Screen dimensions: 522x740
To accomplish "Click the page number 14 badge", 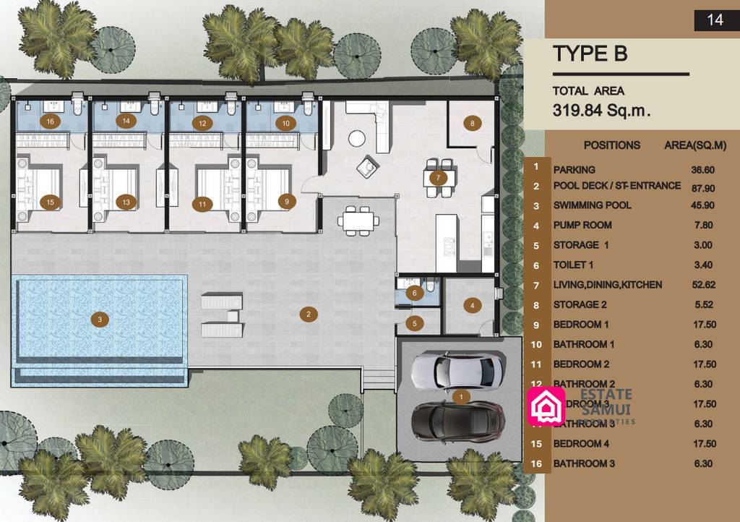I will [715, 20].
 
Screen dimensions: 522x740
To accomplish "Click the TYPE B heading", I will [590, 54].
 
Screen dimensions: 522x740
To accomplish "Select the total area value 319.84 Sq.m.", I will [601, 111].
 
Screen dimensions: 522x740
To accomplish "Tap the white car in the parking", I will [456, 372].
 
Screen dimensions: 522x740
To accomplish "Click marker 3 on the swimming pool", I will [99, 318].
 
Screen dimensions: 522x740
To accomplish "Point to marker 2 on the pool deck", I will [308, 314].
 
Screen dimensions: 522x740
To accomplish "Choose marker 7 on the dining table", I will [437, 177].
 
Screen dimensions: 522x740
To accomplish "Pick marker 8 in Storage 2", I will [473, 123].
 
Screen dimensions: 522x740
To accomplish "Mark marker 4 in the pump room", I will [473, 305].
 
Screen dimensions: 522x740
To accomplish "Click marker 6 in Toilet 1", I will [414, 293].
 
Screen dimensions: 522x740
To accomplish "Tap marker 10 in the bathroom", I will [285, 123].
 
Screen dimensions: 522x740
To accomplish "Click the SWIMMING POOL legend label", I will [592, 205].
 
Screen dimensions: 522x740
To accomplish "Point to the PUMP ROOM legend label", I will [582, 226].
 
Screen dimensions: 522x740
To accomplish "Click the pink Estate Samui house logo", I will [547, 406].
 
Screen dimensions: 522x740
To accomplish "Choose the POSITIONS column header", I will [611, 145].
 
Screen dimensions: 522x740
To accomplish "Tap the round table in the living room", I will [357, 137].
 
